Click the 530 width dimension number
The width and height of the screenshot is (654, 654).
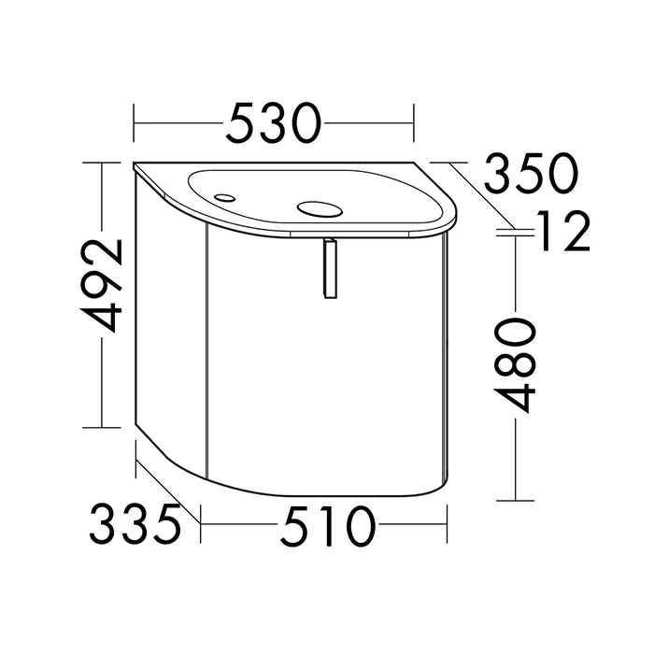coord(274,123)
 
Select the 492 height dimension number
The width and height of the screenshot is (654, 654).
coord(102,286)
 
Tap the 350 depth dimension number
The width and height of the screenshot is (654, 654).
coord(531,173)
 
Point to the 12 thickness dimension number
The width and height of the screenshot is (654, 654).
coord(565,231)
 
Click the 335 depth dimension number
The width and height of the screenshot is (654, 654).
coord(135,524)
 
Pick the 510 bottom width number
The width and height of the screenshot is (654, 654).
coord(328,525)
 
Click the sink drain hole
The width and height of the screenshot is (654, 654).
coord(320,210)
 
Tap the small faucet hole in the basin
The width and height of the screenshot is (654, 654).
coord(224,198)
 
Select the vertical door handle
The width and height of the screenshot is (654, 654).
coord(330,269)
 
